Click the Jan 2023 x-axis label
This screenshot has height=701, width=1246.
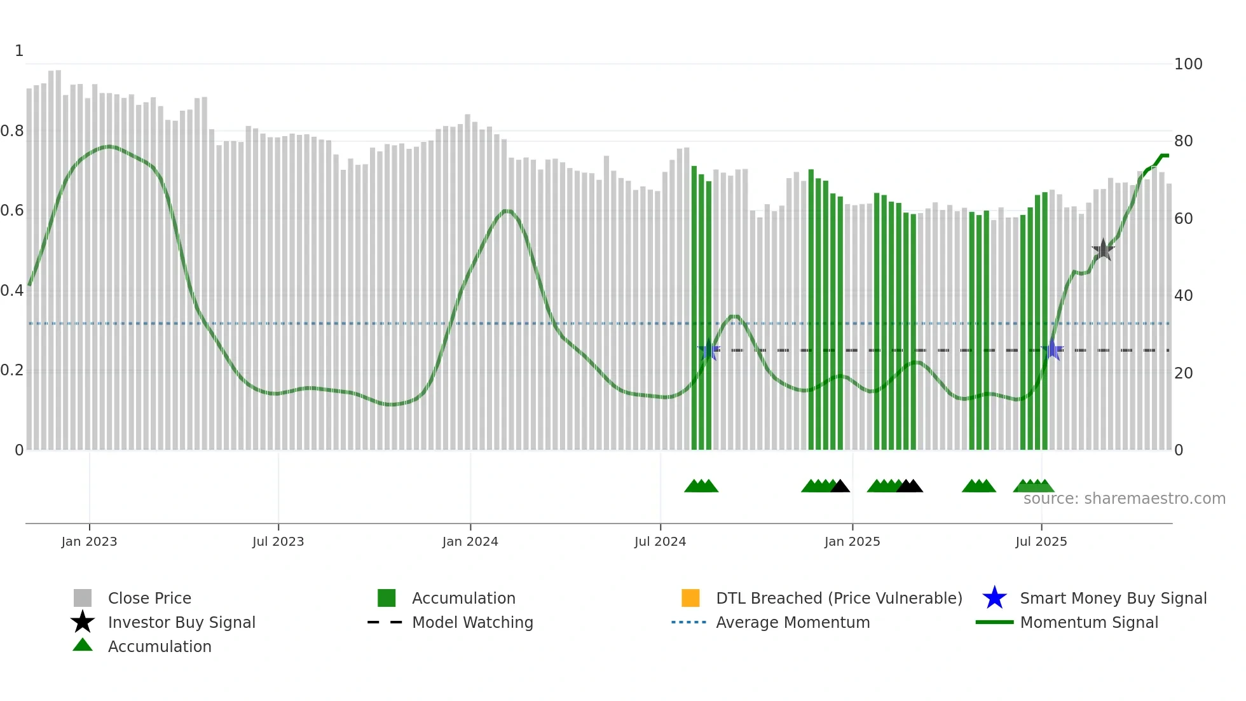pyautogui.click(x=89, y=541)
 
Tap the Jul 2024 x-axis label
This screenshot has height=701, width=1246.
pyautogui.click(x=660, y=541)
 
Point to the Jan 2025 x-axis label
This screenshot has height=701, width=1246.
pyautogui.click(x=852, y=541)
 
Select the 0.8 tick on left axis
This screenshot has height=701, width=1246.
pyautogui.click(x=12, y=131)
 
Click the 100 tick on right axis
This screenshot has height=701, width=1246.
pyautogui.click(x=1188, y=64)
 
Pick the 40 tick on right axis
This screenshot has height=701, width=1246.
pyautogui.click(x=1183, y=296)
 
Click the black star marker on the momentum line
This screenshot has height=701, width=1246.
pyautogui.click(x=1103, y=250)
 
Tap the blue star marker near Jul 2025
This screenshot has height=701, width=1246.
pyautogui.click(x=1053, y=350)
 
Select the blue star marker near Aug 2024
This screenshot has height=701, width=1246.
pyautogui.click(x=709, y=350)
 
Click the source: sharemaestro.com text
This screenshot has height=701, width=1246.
pyautogui.click(x=1124, y=499)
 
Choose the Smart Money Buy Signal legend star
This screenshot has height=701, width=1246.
pyautogui.click(x=994, y=598)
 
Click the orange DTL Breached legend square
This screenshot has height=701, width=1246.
pyautogui.click(x=690, y=598)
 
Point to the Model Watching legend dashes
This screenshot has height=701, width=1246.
pyautogui.click(x=385, y=622)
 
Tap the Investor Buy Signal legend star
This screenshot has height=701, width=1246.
pyautogui.click(x=83, y=622)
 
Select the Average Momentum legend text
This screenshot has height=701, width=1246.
pyautogui.click(x=793, y=622)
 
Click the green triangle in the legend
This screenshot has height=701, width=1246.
pyautogui.click(x=83, y=646)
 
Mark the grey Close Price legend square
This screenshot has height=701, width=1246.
pyautogui.click(x=83, y=598)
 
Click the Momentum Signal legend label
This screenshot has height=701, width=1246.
pyautogui.click(x=1089, y=622)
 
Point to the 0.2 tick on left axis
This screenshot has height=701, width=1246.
pyautogui.click(x=12, y=370)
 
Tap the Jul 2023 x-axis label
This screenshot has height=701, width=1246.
pyautogui.click(x=278, y=541)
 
